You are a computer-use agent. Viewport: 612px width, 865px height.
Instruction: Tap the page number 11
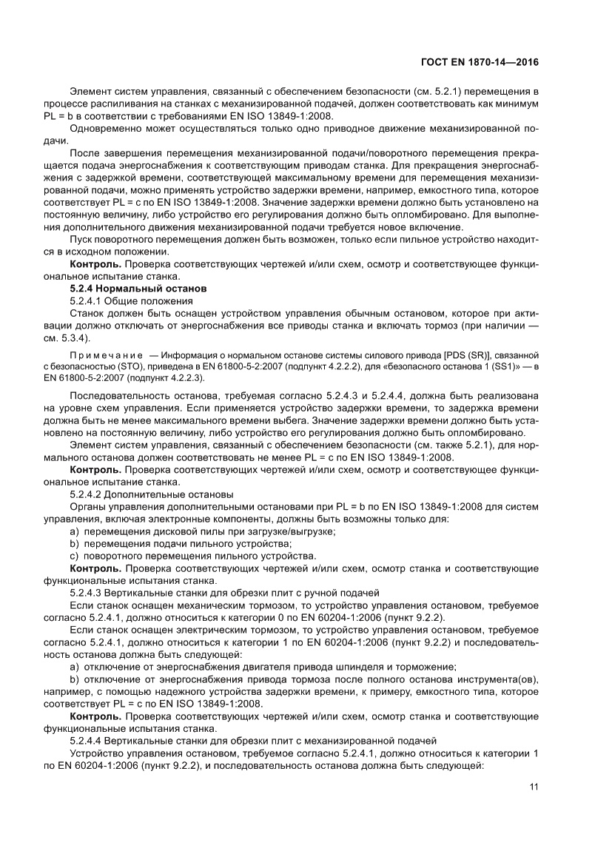[x=533, y=786]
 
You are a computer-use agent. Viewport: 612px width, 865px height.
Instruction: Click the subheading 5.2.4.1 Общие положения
[x=131, y=300]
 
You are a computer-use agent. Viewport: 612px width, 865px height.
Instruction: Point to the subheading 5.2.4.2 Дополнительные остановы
[x=152, y=493]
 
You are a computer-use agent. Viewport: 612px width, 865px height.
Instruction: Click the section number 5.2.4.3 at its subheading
[x=86, y=592]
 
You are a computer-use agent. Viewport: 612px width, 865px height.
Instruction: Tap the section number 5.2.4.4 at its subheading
[x=86, y=741]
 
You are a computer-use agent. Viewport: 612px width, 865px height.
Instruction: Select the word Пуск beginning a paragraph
[x=81, y=240]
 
